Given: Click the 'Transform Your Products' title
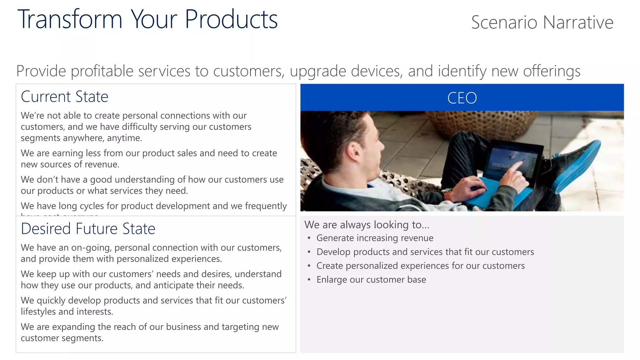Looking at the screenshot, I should click(x=147, y=19).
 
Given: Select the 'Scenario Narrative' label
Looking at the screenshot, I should click(x=542, y=22).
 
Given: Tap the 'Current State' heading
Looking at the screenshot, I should click(x=64, y=97).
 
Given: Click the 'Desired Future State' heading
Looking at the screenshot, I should click(x=88, y=229).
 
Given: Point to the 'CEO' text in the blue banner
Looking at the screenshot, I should click(x=462, y=98).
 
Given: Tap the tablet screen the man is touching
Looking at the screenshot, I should click(x=509, y=159).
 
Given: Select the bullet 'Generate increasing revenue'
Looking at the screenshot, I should click(x=375, y=238).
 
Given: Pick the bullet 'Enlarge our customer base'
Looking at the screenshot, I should click(x=371, y=280).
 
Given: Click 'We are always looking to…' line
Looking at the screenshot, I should click(x=367, y=225).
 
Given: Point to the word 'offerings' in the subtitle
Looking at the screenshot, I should click(x=552, y=71).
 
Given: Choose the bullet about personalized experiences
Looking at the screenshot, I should click(x=420, y=266).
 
